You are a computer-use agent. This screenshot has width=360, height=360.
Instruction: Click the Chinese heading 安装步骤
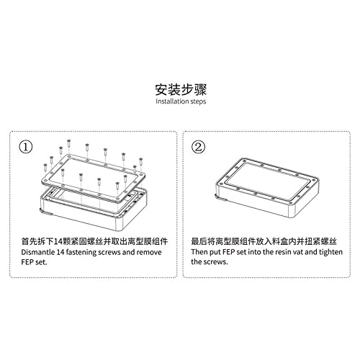point(180,90)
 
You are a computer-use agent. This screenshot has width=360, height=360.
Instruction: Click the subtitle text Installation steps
point(180,102)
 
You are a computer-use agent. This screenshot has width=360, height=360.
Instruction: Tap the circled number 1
point(26,148)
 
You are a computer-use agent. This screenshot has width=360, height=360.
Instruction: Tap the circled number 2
point(199,148)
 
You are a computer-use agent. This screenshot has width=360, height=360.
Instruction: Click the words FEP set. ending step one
point(33,262)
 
